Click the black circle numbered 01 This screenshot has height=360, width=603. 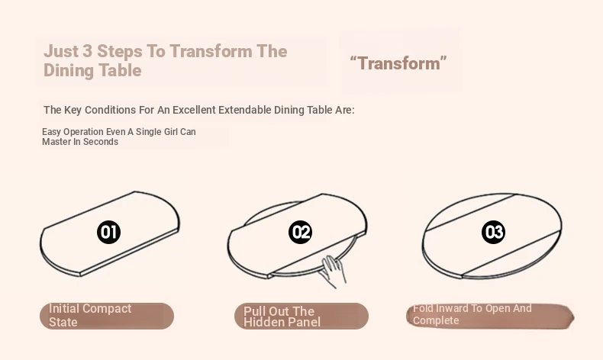pos(109,232)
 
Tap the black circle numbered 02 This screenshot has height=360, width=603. pos(300,232)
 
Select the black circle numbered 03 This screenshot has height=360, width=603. pos(493,232)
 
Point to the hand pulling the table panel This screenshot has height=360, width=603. pos(333,272)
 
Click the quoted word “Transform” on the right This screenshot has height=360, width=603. pos(398,63)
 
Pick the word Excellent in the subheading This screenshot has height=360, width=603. pos(194,110)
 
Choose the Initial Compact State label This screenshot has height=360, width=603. pos(107,316)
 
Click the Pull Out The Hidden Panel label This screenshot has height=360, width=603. pos(301,316)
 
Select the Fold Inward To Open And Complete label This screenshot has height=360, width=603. pos(490,316)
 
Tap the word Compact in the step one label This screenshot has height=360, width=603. pos(107,309)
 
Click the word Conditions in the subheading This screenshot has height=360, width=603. pos(111,110)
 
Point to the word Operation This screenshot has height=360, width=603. pos(83,132)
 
